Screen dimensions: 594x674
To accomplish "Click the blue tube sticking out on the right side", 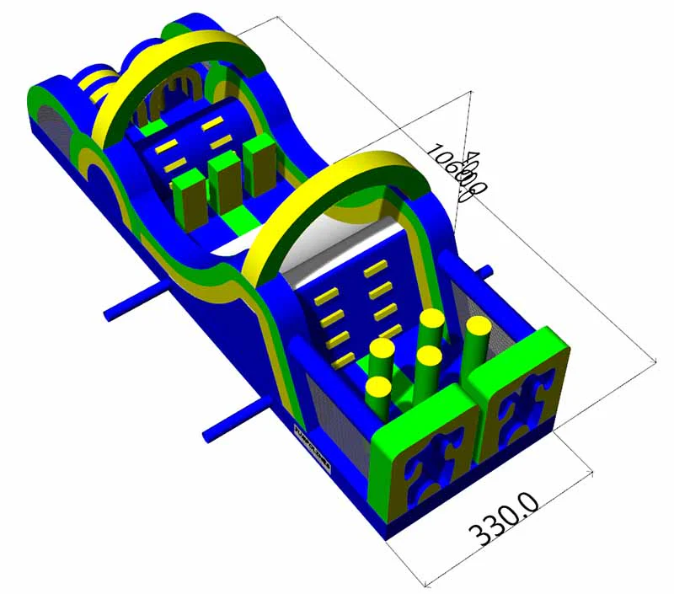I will (485, 271).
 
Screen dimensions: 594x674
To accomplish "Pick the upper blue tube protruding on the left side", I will (135, 302).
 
